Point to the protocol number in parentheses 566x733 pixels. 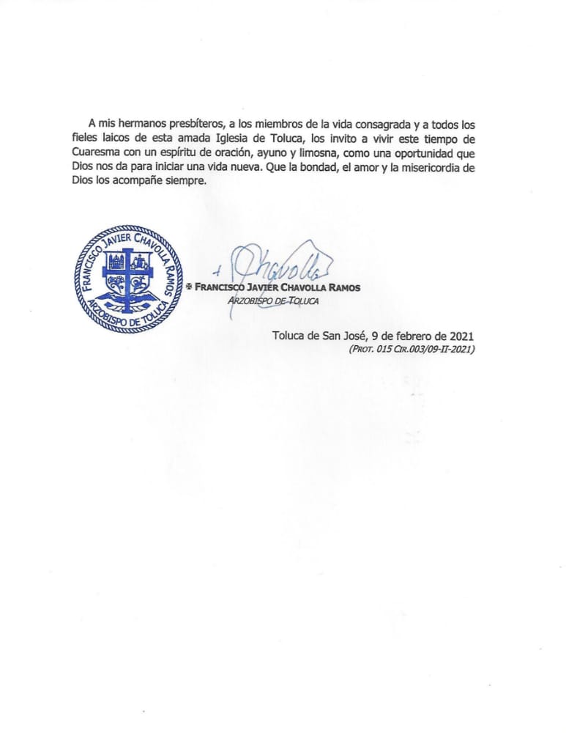pyautogui.click(x=412, y=350)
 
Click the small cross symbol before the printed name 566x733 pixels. pyautogui.click(x=189, y=287)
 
